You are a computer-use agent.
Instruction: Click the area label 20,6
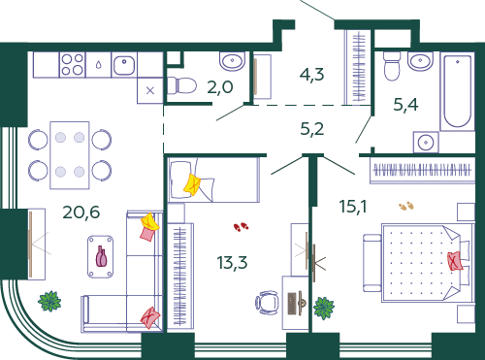(x=81, y=213)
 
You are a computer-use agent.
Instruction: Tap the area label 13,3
(x=232, y=262)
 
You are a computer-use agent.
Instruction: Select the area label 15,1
(x=353, y=207)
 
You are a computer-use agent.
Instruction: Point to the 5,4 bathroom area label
(x=405, y=105)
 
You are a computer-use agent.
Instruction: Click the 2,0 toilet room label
(x=220, y=87)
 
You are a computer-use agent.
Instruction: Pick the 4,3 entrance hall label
(x=311, y=75)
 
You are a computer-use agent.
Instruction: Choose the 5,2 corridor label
(x=312, y=129)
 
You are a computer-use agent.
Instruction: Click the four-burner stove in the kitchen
(x=73, y=65)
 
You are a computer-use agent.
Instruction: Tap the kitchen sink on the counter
(x=124, y=65)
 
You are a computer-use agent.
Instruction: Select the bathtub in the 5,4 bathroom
(x=457, y=91)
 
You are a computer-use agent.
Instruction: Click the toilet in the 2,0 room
(x=181, y=85)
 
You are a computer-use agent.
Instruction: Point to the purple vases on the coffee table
(x=101, y=256)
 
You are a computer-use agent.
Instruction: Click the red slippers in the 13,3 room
(x=241, y=227)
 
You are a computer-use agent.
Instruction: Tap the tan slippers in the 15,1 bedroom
(x=406, y=206)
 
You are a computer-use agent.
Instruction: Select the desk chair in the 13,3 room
(x=267, y=303)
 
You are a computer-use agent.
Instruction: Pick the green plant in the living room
(x=49, y=301)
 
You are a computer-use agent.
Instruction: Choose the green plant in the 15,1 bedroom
(x=324, y=308)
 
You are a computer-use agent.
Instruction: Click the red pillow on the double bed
(x=455, y=261)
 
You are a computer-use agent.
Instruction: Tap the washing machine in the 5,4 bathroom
(x=426, y=142)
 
